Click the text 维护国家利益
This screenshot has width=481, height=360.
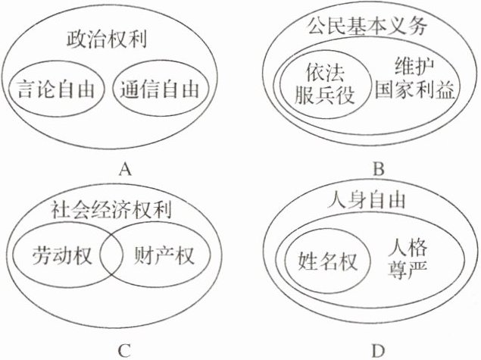point(415,79)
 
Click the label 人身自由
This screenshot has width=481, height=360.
point(369,202)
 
